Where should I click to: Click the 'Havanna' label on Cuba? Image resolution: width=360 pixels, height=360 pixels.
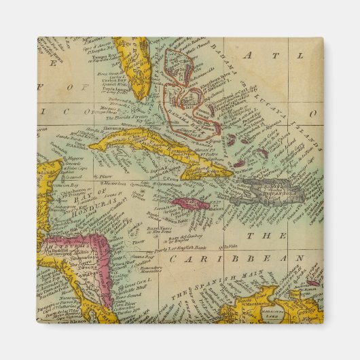point(109,134)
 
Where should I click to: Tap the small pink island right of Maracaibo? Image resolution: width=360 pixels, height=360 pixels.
point(313,283)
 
